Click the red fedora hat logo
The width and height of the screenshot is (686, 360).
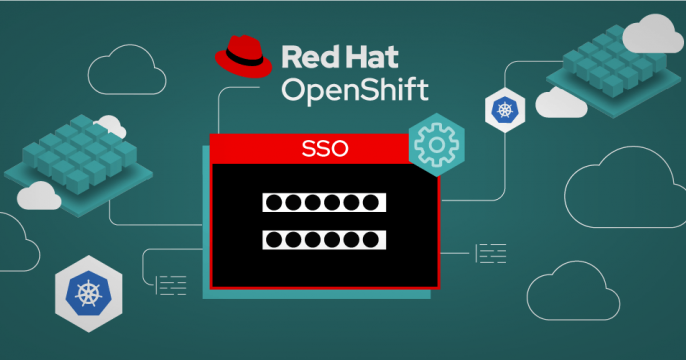(245, 57)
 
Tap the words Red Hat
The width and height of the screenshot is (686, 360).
(341, 56)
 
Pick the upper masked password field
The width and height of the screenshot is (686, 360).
(322, 204)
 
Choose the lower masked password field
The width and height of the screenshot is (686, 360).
(322, 240)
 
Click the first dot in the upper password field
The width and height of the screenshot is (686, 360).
(273, 204)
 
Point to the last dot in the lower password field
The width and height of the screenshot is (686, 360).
(372, 240)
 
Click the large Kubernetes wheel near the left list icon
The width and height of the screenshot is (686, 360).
(88, 293)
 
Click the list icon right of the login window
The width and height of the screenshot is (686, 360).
(489, 253)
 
